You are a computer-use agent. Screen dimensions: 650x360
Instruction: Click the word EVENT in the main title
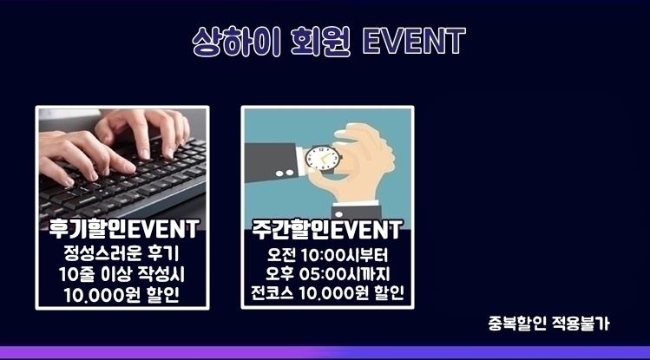click(x=414, y=41)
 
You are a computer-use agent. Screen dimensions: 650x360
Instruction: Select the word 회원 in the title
click(x=320, y=42)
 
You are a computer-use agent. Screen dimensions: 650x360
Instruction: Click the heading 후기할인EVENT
click(x=123, y=229)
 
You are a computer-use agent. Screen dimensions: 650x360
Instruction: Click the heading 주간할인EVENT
click(x=327, y=229)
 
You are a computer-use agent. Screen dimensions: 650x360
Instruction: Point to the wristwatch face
click(x=323, y=158)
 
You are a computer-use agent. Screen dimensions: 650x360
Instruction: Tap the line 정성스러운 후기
click(x=121, y=253)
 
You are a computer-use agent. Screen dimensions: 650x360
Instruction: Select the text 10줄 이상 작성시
click(x=121, y=274)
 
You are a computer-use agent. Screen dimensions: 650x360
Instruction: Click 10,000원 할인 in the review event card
click(x=121, y=295)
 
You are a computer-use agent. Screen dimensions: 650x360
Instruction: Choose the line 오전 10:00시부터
click(x=327, y=255)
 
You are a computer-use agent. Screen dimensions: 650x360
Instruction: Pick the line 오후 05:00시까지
click(x=327, y=274)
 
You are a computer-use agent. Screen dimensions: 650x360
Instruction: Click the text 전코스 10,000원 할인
click(x=327, y=293)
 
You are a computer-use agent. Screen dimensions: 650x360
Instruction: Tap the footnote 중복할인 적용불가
click(x=548, y=324)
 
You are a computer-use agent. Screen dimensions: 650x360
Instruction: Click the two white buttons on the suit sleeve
click(x=285, y=173)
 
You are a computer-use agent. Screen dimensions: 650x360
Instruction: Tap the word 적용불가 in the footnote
click(x=581, y=324)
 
